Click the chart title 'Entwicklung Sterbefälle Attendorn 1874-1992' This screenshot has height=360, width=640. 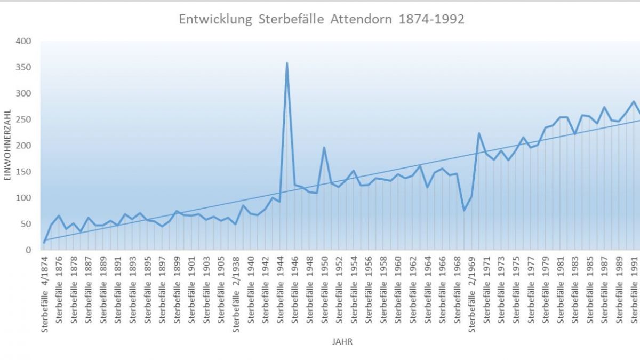[x=322, y=20]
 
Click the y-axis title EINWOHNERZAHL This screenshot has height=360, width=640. [x=7, y=145]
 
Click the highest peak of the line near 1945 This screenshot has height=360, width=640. [x=287, y=63]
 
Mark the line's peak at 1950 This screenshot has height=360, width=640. [x=324, y=148]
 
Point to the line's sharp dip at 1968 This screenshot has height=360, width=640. [x=464, y=210]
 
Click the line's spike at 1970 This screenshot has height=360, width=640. [x=479, y=133]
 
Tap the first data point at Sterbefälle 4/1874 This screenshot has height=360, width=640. [x=44, y=243]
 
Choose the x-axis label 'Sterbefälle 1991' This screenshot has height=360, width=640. [x=634, y=287]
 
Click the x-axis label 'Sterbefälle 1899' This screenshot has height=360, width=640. [x=177, y=287]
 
